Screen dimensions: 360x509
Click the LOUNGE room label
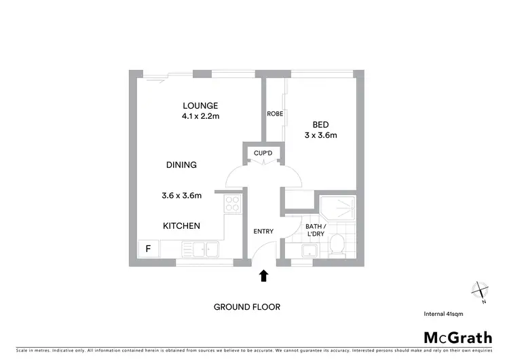[x=200, y=105]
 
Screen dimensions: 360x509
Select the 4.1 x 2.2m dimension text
[x=200, y=116]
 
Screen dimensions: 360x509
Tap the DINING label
[x=181, y=165]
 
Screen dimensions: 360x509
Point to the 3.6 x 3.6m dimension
[x=181, y=196]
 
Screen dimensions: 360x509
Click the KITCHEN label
[x=181, y=226]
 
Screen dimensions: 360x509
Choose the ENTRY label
[x=263, y=232]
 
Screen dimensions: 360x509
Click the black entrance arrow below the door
[x=264, y=275]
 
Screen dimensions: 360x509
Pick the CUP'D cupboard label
[x=263, y=153]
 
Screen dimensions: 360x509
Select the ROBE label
[x=275, y=113]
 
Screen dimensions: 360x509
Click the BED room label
[x=321, y=124]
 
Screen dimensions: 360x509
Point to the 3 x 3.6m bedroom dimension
[x=321, y=135]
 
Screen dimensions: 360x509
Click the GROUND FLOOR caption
[x=247, y=307]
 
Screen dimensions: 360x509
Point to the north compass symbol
[x=481, y=291]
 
